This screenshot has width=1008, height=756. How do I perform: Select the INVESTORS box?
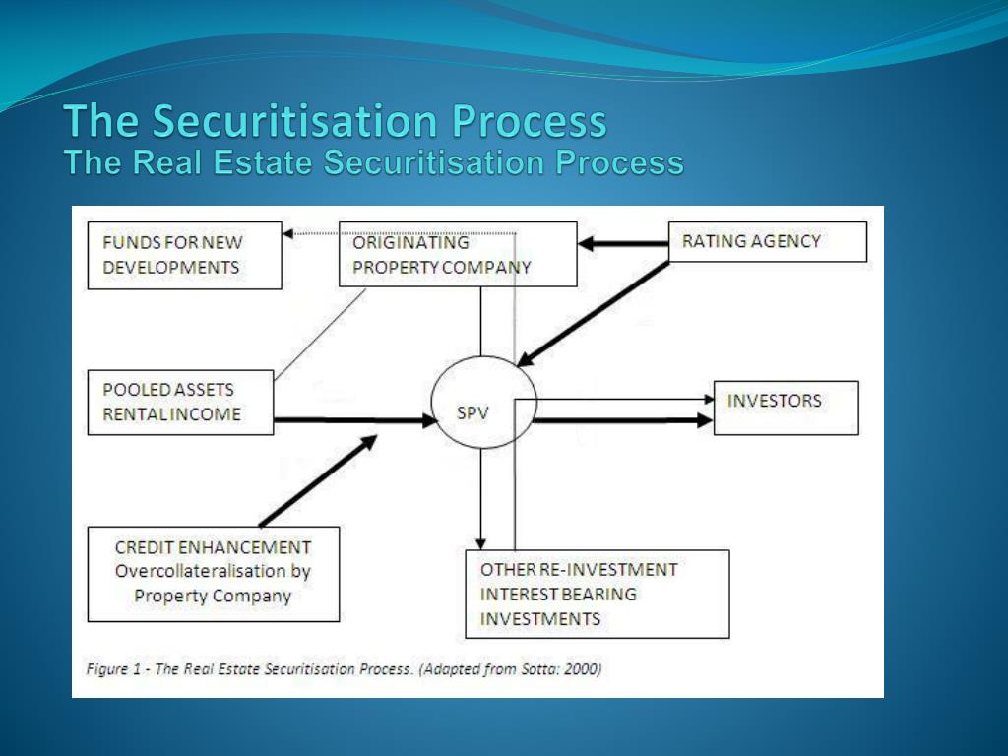click(786, 407)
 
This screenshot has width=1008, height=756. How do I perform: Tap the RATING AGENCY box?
click(767, 241)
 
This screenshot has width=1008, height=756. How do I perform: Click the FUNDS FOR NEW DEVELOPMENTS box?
click(184, 255)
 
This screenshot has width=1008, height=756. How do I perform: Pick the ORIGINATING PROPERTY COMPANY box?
click(458, 254)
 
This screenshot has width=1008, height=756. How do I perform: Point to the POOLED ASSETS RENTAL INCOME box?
click(180, 402)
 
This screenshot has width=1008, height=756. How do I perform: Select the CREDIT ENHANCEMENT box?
click(213, 574)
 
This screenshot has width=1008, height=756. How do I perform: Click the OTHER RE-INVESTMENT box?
click(597, 595)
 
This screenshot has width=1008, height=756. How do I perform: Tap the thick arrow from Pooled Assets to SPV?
click(354, 420)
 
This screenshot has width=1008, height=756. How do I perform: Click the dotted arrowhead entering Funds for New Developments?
click(287, 233)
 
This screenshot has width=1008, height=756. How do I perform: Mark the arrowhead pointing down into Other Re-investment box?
click(480, 540)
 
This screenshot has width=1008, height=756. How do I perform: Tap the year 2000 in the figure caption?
click(581, 669)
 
